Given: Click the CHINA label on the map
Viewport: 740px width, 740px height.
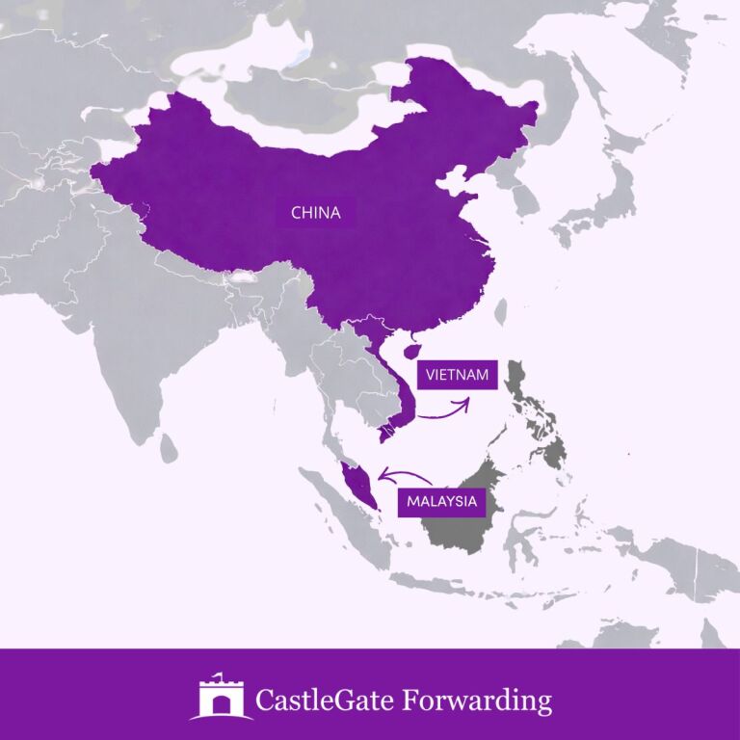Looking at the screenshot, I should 316,212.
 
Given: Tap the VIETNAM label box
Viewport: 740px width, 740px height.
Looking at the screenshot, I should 456,374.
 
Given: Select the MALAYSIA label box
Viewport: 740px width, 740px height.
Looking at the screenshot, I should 441,501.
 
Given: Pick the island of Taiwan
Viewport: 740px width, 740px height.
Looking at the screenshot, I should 500,311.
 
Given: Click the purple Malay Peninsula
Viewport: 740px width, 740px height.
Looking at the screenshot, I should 358,482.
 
